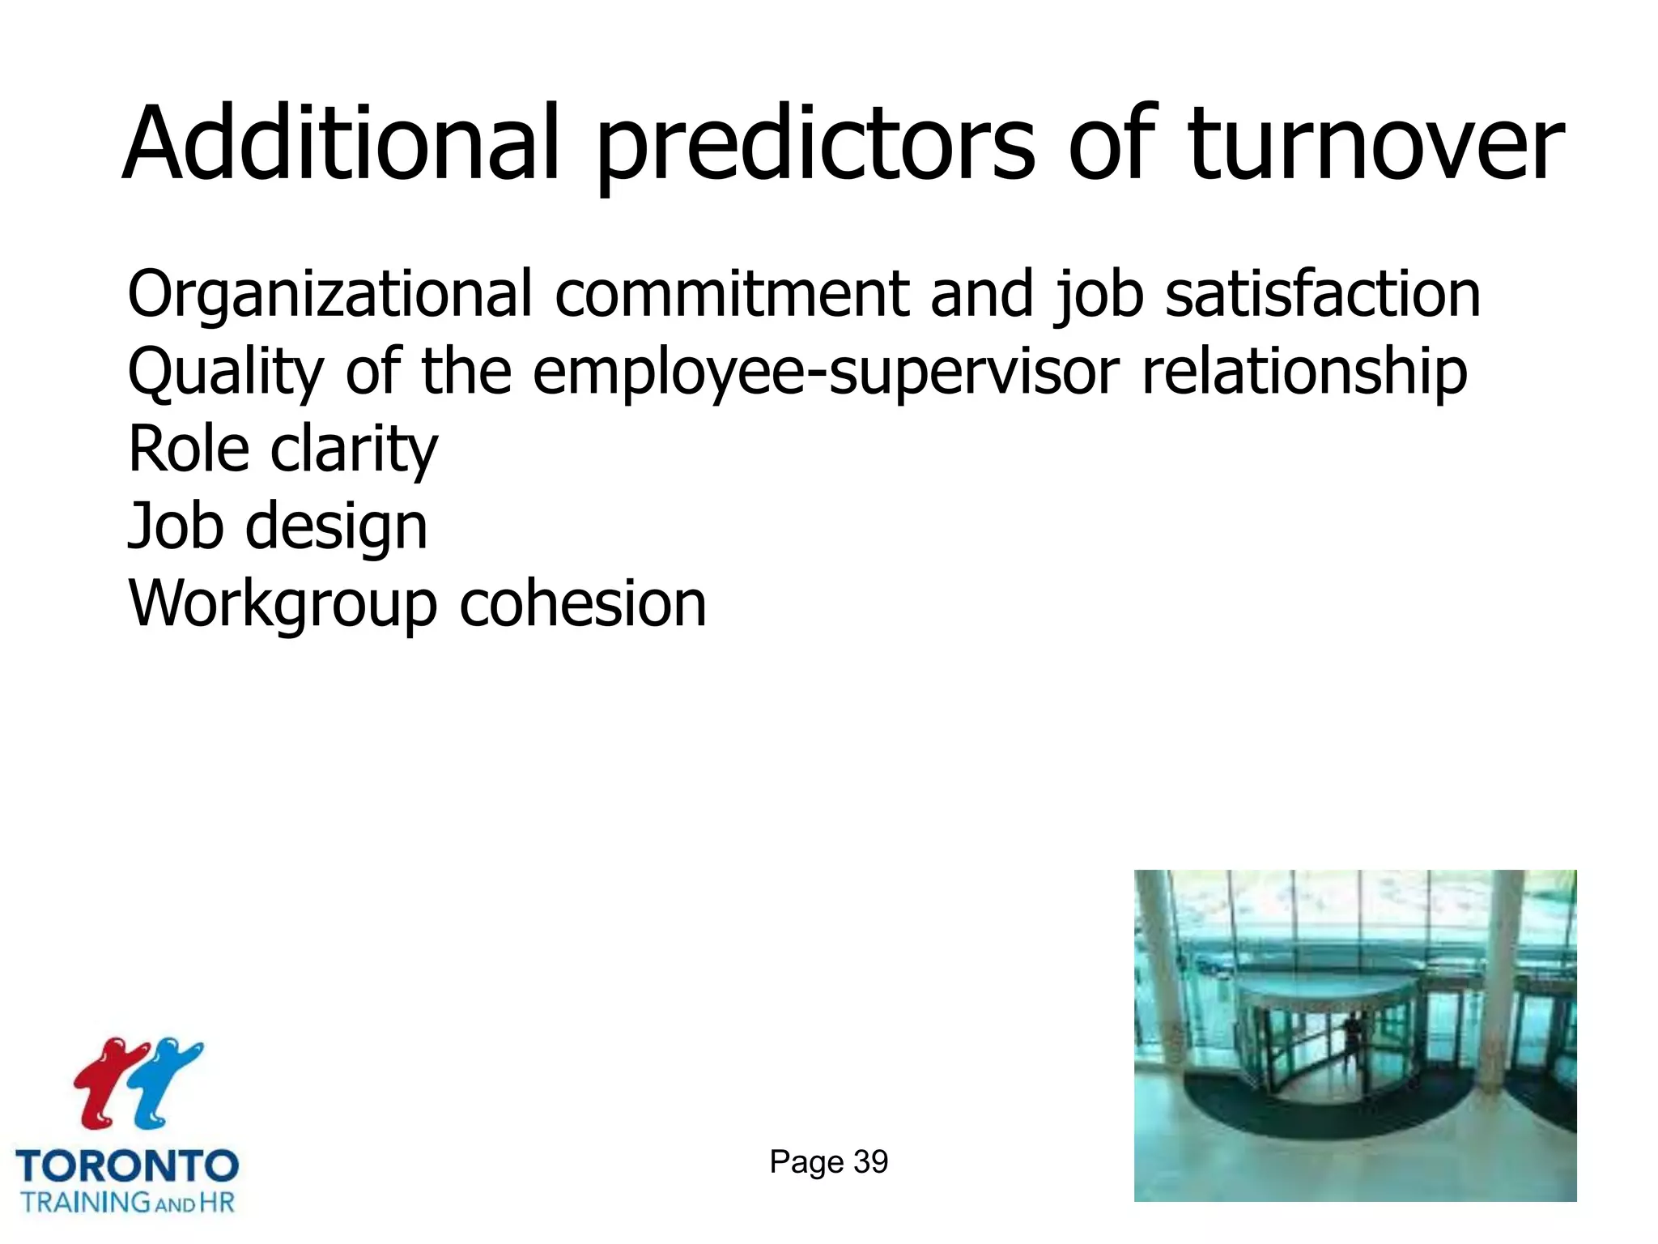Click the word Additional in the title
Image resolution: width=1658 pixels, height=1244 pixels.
tap(341, 144)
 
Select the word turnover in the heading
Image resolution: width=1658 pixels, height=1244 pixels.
tap(1375, 144)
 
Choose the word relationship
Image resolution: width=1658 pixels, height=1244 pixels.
tap(1303, 373)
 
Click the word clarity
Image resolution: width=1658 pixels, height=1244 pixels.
tap(354, 450)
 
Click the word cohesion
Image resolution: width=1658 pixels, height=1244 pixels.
tap(583, 604)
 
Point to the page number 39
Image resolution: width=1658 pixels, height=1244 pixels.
tap(870, 1162)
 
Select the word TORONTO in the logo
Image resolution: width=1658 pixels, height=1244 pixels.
tap(127, 1166)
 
